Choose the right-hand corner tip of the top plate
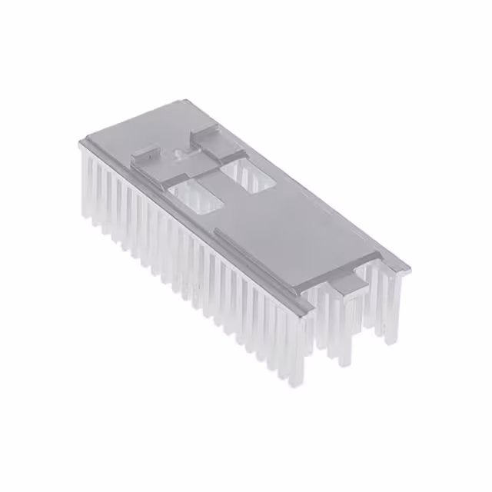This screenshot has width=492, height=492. point(408,269)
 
